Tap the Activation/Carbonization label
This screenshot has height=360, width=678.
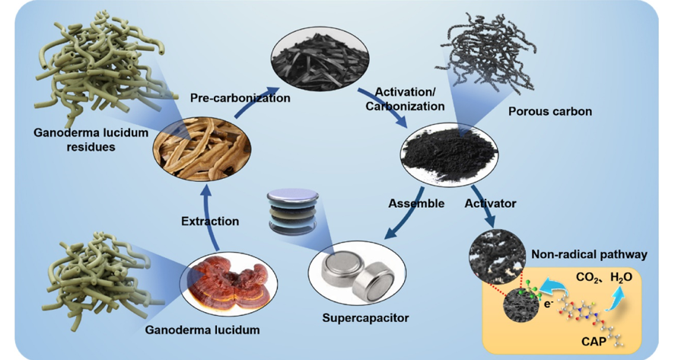click(x=404, y=98)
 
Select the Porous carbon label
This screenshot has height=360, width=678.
click(x=549, y=111)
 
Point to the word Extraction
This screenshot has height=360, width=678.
click(x=210, y=221)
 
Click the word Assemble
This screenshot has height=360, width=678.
click(x=416, y=203)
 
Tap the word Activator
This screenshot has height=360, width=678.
click(x=491, y=203)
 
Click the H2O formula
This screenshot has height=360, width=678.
click(x=621, y=277)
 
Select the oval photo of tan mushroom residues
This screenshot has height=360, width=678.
click(x=195, y=148)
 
